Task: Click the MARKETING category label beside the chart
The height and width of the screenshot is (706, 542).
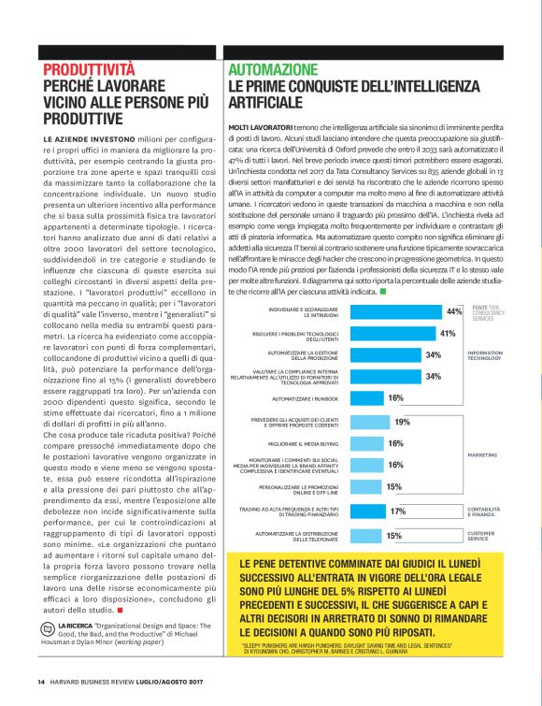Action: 483,454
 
